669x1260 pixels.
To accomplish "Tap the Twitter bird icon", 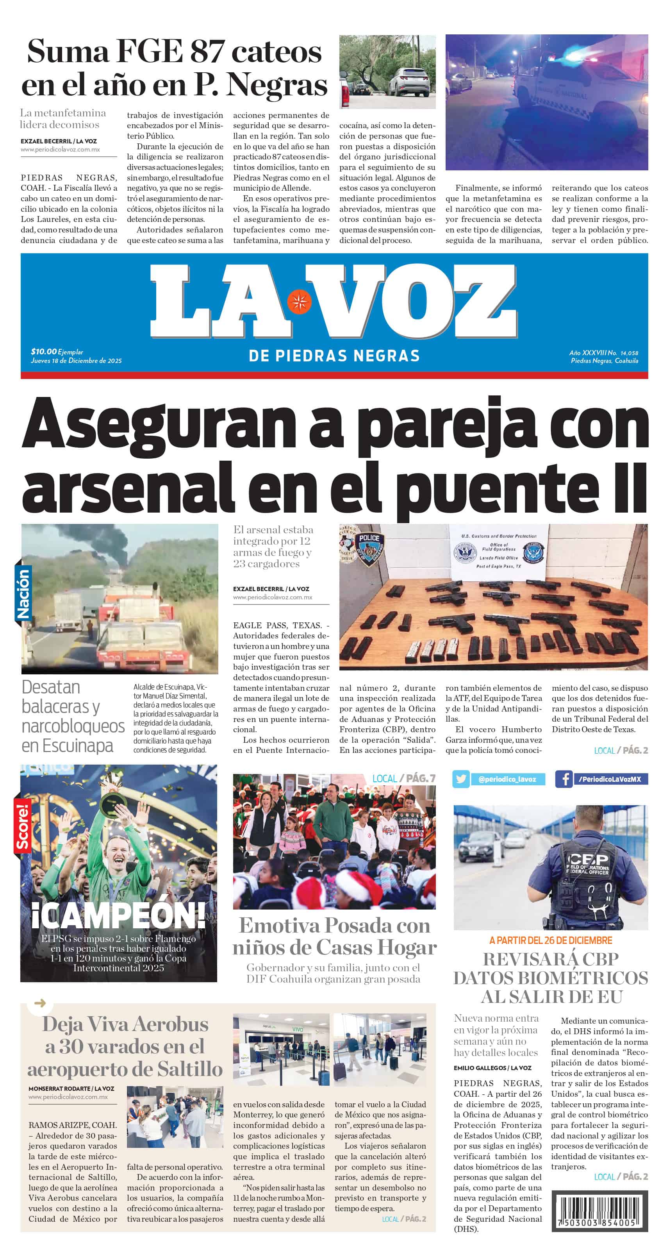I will [461, 779].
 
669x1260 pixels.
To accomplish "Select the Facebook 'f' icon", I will [564, 779].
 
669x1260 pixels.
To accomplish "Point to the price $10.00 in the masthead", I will [43, 351].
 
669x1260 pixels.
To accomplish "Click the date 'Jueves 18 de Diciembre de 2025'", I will [76, 361].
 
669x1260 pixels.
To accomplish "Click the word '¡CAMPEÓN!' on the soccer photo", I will [118, 915].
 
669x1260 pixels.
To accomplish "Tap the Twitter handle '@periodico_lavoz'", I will [507, 779].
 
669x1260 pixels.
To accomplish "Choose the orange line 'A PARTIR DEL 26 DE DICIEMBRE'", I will [551, 940].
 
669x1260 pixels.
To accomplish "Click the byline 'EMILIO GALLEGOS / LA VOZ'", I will [492, 1068].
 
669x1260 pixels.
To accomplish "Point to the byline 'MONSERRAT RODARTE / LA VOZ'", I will [71, 1089].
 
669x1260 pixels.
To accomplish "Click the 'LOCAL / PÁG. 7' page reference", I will [403, 778].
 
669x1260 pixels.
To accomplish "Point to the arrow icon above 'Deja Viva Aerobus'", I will [41, 1003].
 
